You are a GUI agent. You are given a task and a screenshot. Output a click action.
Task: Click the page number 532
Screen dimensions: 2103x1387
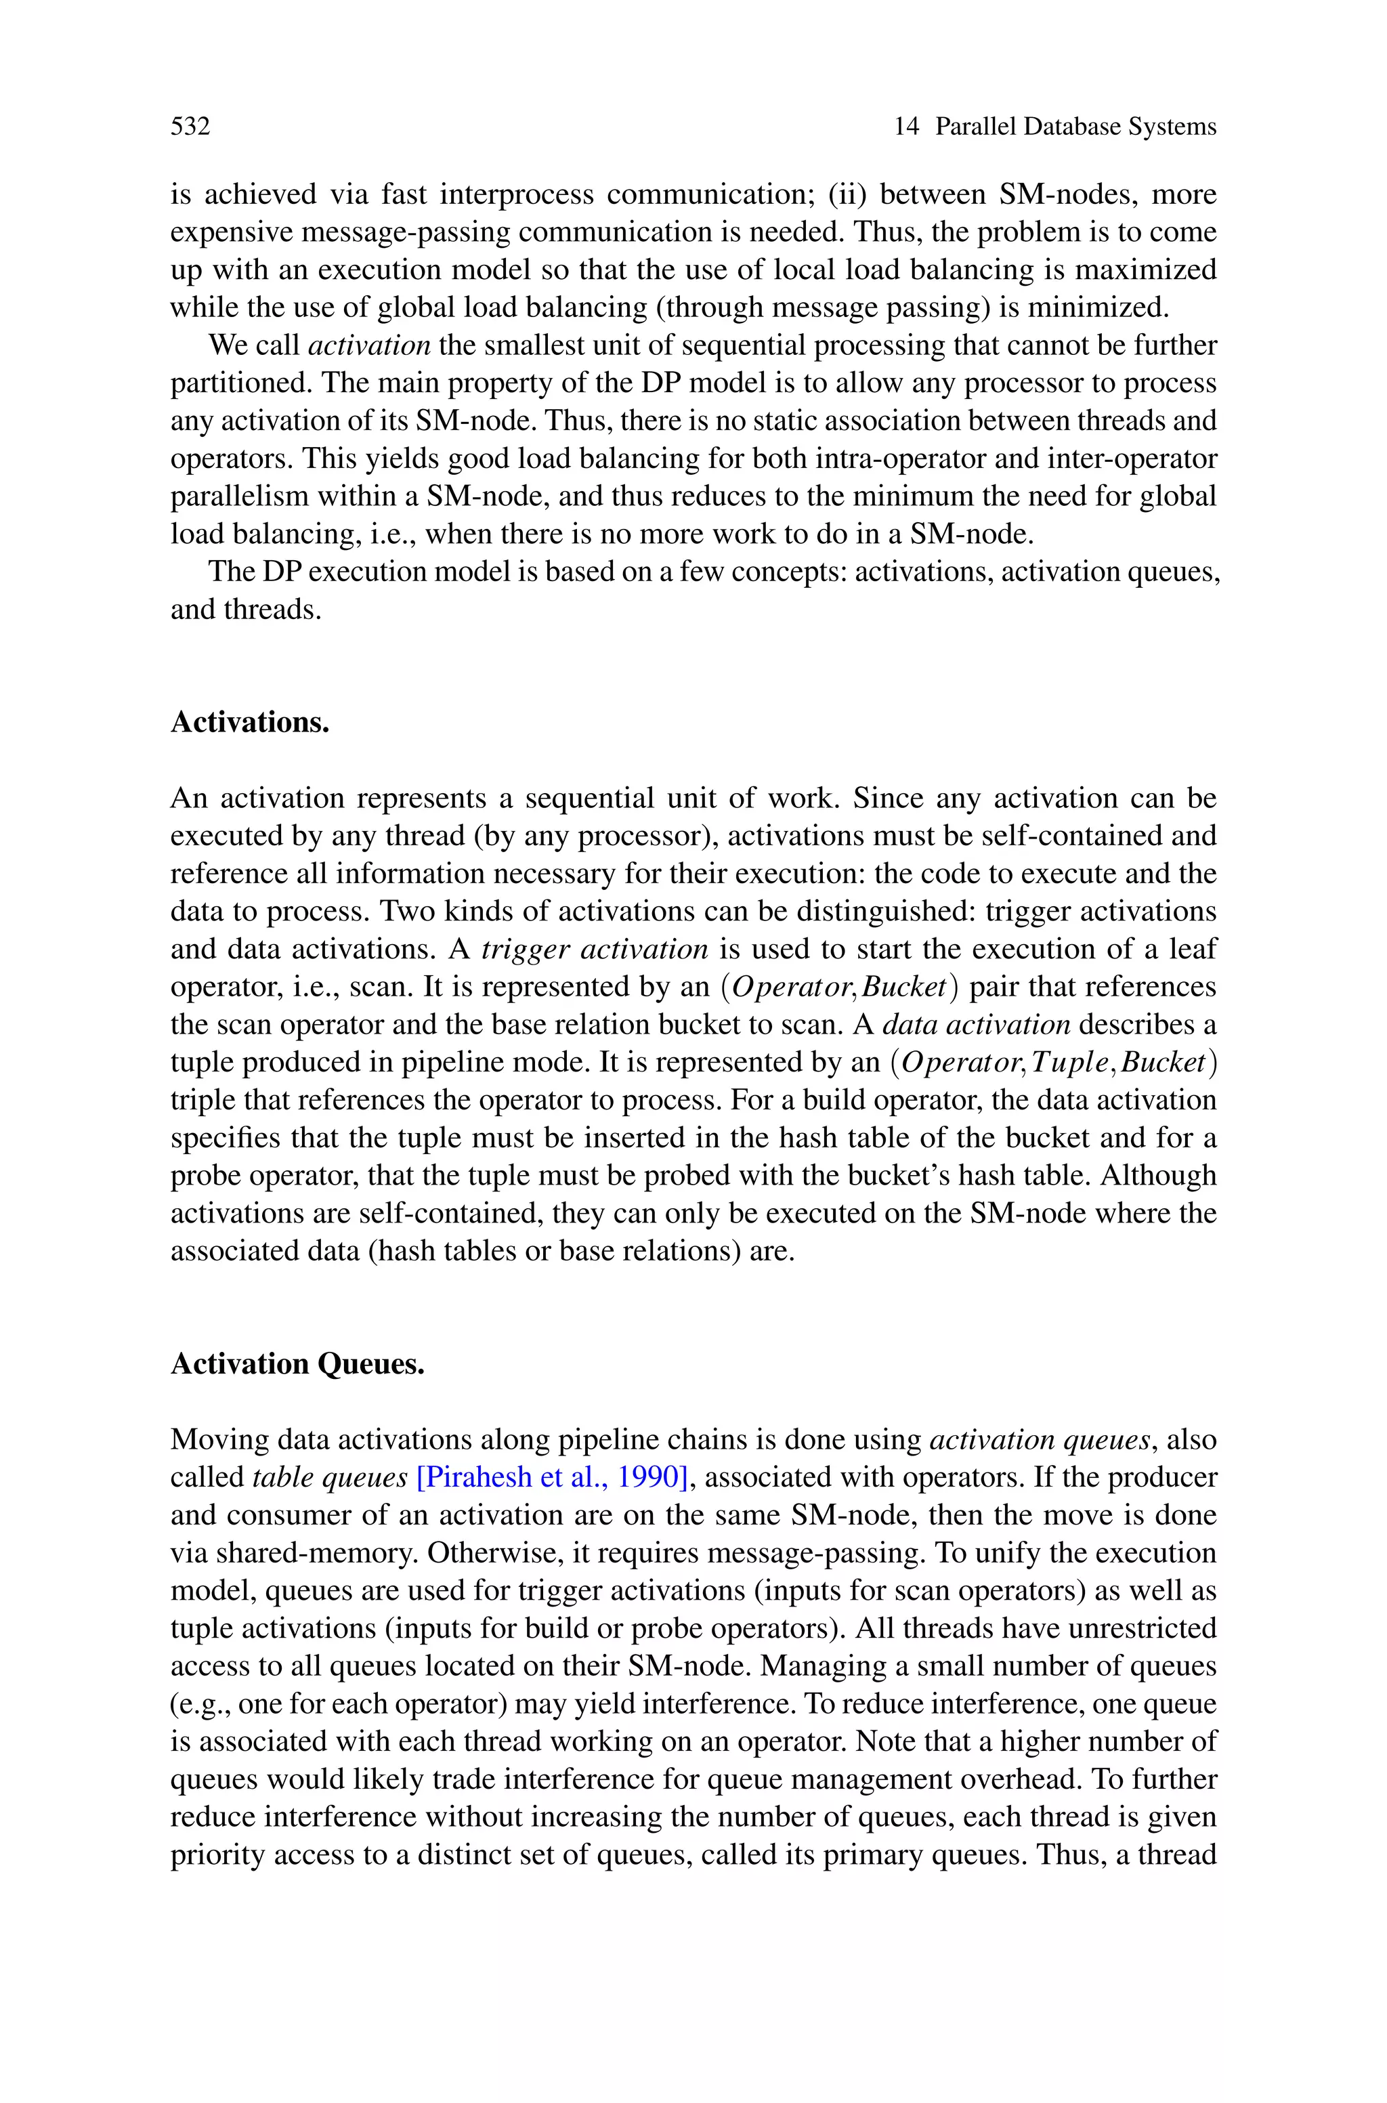190,127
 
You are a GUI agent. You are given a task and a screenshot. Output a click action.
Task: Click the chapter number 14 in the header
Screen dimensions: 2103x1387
907,127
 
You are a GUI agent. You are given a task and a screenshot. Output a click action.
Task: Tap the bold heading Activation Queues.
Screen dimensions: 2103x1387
297,1363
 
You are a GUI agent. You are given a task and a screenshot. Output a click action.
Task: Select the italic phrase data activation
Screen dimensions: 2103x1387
977,1025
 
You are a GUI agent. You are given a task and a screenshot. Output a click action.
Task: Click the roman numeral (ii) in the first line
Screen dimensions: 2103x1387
849,194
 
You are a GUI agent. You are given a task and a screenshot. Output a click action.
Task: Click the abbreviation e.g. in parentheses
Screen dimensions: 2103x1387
200,1705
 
